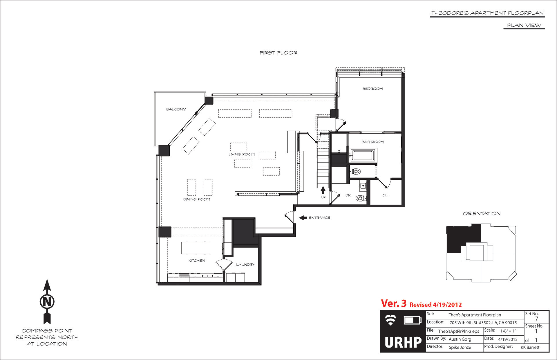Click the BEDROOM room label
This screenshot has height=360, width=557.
(372, 89)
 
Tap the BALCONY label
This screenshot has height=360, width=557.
(176, 109)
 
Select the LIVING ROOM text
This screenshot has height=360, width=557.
(242, 154)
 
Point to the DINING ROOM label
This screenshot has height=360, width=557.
(197, 199)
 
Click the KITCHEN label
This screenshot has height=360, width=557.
(197, 261)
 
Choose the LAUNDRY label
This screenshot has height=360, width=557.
(246, 265)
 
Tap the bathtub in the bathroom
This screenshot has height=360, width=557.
(363, 155)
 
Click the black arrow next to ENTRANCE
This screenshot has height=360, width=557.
(303, 218)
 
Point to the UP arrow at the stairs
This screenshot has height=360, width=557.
(323, 190)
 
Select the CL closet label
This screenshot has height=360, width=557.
(385, 195)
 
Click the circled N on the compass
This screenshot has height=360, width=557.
(47, 301)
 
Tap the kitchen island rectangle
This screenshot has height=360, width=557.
(196, 248)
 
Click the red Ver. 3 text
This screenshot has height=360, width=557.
(394, 303)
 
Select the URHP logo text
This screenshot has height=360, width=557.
(403, 342)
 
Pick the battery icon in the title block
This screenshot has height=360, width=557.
(413, 320)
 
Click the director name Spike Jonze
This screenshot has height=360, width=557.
(460, 347)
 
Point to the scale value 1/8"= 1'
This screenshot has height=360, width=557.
(508, 331)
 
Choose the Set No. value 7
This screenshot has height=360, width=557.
(537, 319)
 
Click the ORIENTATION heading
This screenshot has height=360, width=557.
(482, 214)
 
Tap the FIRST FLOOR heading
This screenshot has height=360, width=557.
(278, 53)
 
